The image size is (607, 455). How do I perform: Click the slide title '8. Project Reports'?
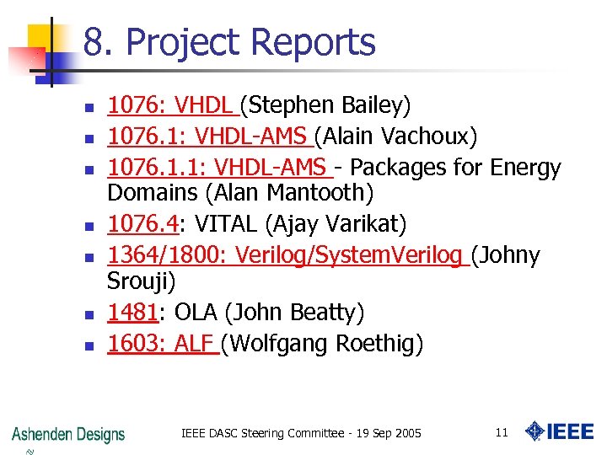pos(229,42)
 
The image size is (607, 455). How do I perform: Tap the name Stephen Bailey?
pos(326,105)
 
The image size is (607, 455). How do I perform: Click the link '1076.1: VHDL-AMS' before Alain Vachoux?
pos(210,136)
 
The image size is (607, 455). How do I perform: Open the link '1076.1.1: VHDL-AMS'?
pos(219,168)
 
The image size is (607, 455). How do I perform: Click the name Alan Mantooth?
pos(288,193)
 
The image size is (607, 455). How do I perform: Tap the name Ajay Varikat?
pos(349,224)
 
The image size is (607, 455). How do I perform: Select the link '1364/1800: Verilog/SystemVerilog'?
pos(287,254)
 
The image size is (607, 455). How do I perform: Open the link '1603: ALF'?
pos(162,344)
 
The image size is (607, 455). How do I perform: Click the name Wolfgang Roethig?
pos(325,344)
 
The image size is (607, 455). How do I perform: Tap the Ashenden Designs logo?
pos(68,435)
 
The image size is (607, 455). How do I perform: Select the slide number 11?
pos(502,433)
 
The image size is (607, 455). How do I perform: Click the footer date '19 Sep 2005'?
pos(385,433)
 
